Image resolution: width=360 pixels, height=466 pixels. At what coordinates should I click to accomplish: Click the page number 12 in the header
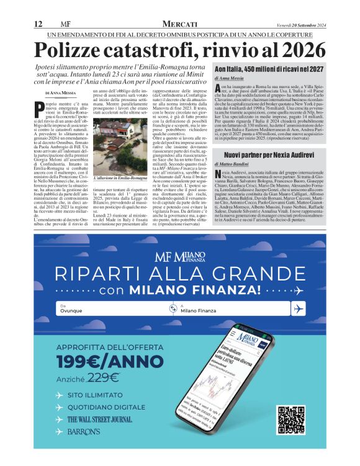click(x=37, y=24)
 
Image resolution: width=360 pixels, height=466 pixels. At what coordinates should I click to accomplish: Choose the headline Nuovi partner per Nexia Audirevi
click(x=271, y=153)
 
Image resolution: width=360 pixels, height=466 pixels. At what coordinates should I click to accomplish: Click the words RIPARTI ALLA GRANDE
click(x=180, y=273)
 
